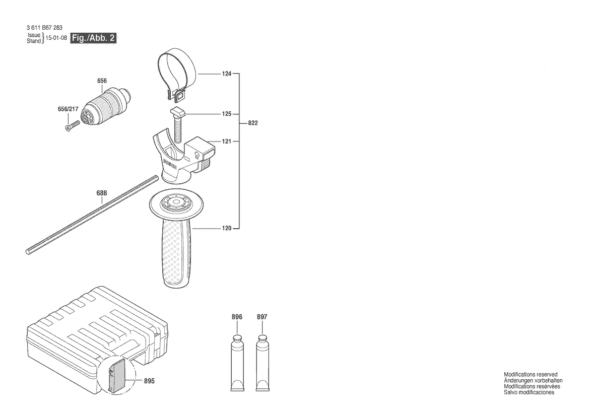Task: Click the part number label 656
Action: click(102, 81)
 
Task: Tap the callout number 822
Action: click(253, 123)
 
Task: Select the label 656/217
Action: click(68, 109)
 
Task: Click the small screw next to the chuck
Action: click(73, 125)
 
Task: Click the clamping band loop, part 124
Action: click(176, 75)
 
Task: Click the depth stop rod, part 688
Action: click(92, 215)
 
